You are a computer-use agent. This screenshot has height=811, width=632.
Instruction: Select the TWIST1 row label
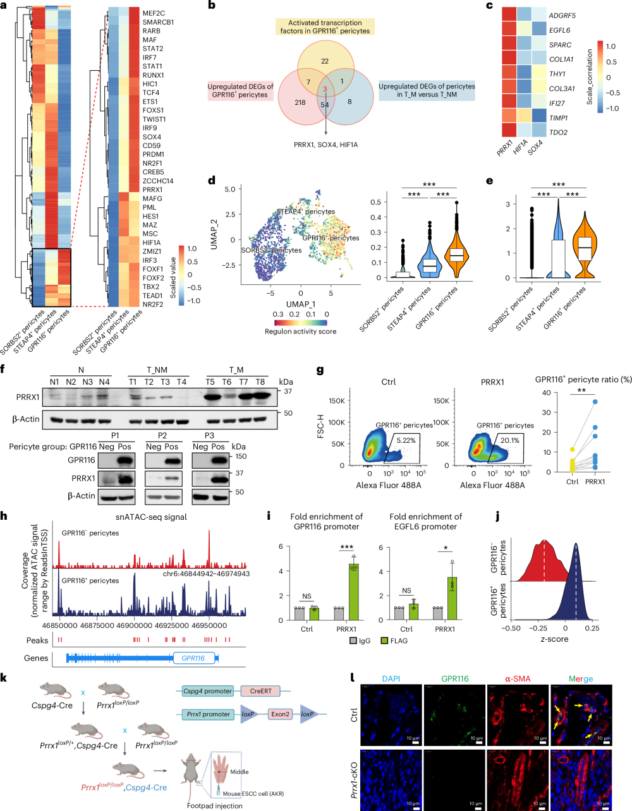point(154,119)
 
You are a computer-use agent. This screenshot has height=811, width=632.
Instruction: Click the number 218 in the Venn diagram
point(300,102)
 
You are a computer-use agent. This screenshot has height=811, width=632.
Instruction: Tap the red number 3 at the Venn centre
point(325,90)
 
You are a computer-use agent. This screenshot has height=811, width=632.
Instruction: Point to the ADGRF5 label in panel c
point(562,16)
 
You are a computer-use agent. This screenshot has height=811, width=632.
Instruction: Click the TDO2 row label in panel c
point(558,133)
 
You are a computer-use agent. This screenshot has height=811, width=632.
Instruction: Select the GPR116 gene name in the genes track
point(193,658)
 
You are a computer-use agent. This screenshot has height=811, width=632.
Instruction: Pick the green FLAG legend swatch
point(385,640)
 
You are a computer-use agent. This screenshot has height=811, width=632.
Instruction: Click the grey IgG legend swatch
point(354,640)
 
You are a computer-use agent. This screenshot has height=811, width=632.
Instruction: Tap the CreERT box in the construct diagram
point(260,691)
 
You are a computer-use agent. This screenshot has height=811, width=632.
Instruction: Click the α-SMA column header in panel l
point(518,679)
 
